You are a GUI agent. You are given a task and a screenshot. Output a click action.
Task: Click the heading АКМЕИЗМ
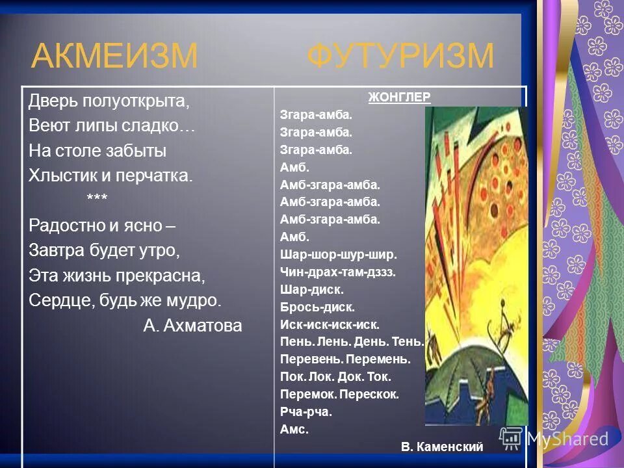[x=114, y=56]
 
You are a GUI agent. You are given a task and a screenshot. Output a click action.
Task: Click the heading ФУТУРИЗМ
[x=400, y=56]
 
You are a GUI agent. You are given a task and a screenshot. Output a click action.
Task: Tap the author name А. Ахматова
[x=192, y=326]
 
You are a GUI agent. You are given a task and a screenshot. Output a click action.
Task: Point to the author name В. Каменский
[x=442, y=447]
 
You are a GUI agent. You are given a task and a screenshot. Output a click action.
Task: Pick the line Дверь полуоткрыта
[x=109, y=101]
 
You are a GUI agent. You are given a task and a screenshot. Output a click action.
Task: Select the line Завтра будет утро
[x=104, y=250]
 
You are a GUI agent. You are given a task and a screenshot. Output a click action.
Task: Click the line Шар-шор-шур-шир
[x=338, y=254]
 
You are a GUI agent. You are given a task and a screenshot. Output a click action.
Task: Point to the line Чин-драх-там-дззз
[x=338, y=272]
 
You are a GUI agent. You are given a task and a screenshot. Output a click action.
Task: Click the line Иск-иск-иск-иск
[x=330, y=324]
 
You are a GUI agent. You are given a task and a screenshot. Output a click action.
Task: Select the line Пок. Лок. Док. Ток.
[x=335, y=376]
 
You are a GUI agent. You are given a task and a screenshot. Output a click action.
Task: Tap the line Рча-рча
[x=305, y=411]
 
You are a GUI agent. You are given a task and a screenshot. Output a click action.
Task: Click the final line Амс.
[x=294, y=429]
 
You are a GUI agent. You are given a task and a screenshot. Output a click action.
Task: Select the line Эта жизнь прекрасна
[x=117, y=276]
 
